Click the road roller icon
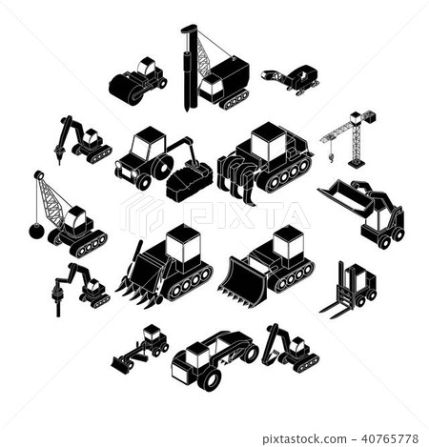tap(136, 82)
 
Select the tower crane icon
tap(351, 139)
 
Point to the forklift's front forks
tap(333, 308)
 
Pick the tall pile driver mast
tap(187, 61)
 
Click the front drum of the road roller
tap(125, 90)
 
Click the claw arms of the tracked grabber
tap(238, 175)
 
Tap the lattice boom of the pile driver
tap(204, 59)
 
